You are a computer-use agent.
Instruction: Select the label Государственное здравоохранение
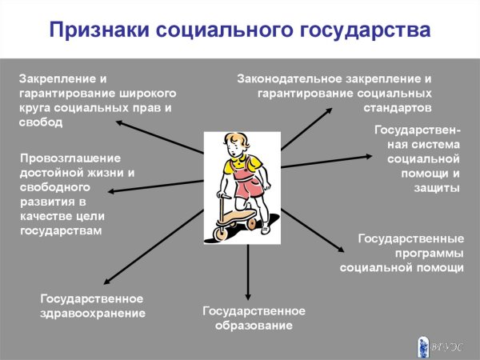click(x=93, y=306)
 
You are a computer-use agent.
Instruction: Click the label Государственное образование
click(x=254, y=318)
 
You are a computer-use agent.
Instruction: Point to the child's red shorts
click(x=246, y=190)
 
